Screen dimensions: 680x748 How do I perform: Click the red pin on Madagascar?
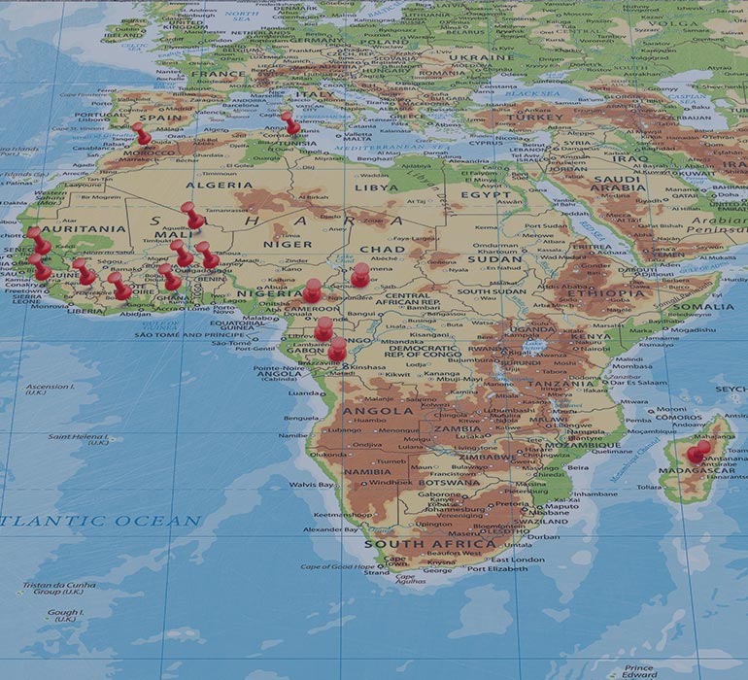(696, 453)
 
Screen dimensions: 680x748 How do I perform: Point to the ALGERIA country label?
(219, 185)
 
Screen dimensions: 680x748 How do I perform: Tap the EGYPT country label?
(486, 195)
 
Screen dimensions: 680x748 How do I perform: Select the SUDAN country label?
(495, 259)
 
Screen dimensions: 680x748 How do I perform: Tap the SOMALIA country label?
(707, 307)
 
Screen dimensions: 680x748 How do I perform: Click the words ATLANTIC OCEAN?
(102, 522)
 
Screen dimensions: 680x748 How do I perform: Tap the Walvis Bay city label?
(311, 484)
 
